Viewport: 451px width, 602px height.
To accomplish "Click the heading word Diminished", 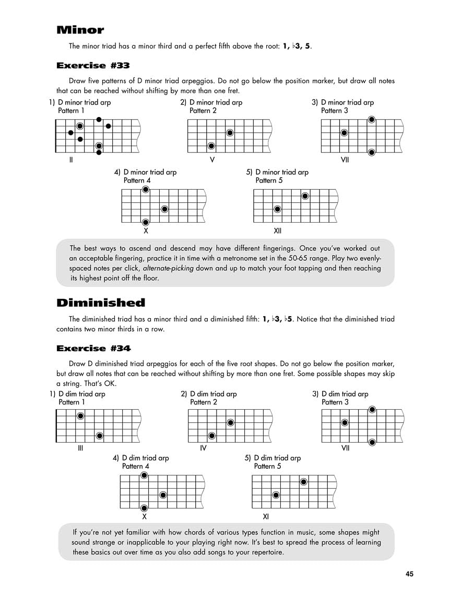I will click(x=101, y=303).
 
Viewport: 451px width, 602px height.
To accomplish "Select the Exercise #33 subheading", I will click(x=93, y=66).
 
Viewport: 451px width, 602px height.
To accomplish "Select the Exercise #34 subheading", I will click(x=93, y=348).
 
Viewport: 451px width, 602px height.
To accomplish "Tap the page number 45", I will click(x=409, y=574).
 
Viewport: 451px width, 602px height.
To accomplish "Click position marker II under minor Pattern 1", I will click(x=70, y=159).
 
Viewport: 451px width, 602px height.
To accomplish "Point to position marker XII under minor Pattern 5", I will click(x=278, y=230).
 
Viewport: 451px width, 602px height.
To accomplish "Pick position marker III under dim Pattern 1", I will click(x=80, y=448).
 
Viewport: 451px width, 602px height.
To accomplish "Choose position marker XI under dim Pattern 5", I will click(x=266, y=516).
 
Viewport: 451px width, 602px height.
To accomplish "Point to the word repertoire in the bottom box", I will click(x=265, y=552).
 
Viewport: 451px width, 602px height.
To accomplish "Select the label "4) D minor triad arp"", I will click(x=145, y=172).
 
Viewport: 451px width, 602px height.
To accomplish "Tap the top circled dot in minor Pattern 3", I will click(x=371, y=120).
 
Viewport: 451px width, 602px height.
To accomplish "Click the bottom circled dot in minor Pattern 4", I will click(x=146, y=222).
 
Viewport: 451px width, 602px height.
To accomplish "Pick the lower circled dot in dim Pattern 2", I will click(x=212, y=436).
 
